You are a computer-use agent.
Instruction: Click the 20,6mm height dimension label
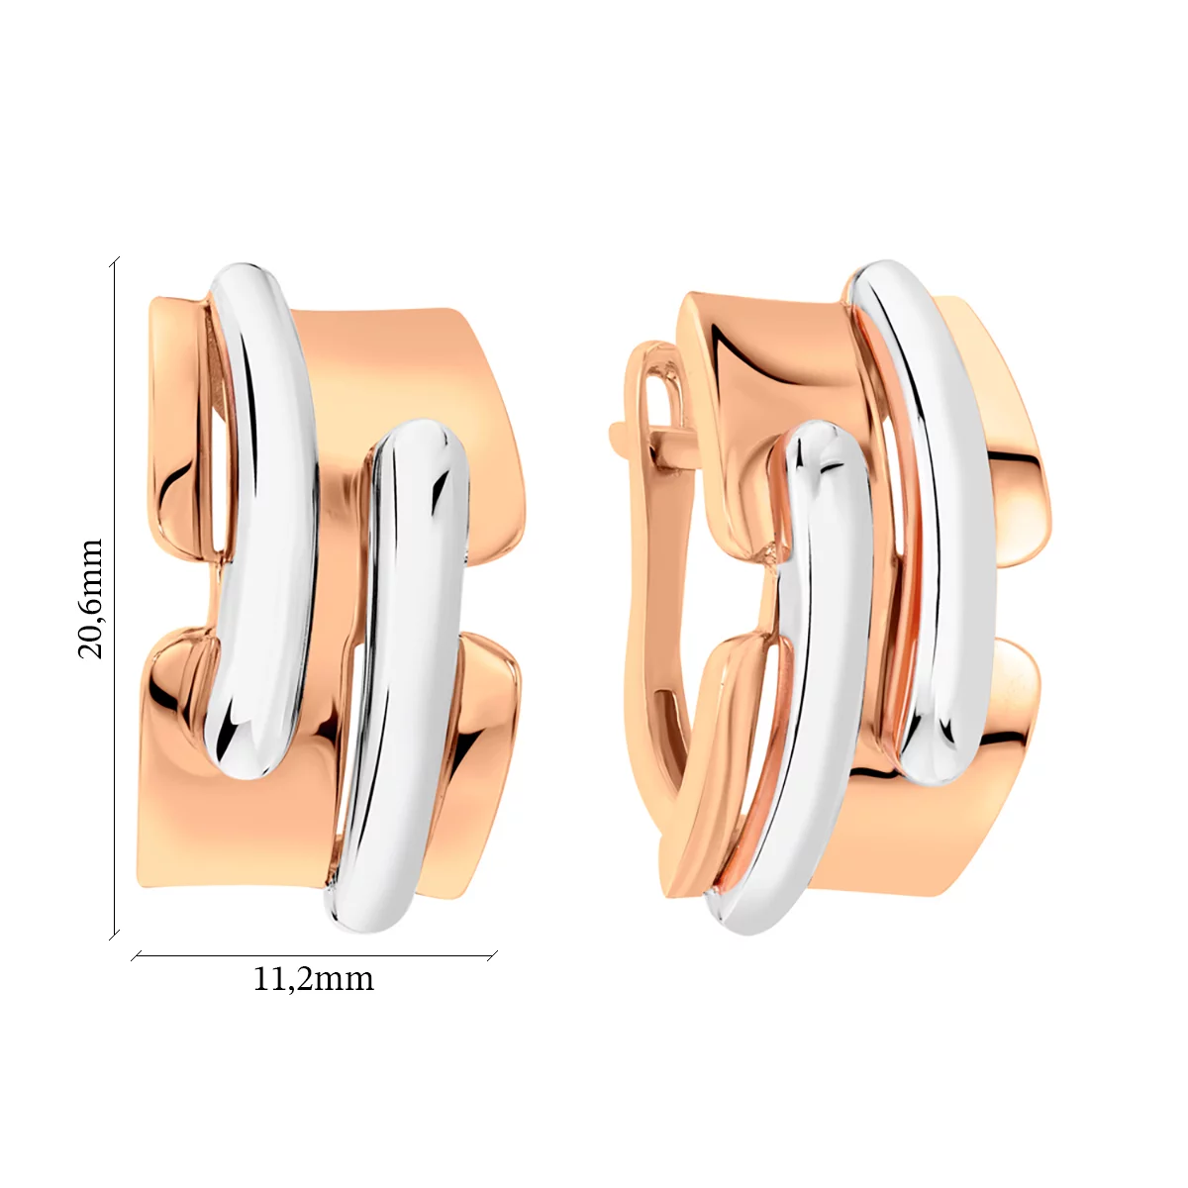91,599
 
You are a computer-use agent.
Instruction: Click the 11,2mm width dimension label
313,979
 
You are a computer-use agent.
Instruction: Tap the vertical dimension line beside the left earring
115,598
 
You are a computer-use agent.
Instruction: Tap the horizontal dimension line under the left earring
315,956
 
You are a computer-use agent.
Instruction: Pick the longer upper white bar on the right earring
925,518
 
